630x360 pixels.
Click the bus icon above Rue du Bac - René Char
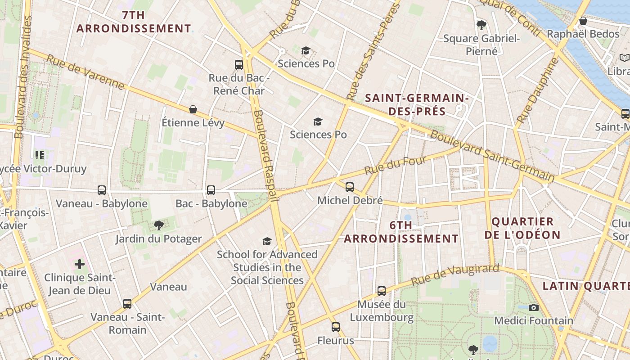tap(239, 64)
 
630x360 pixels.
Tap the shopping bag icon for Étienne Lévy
tap(193, 109)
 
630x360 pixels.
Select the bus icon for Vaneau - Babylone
tap(102, 190)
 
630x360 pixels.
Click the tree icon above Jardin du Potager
tap(158, 225)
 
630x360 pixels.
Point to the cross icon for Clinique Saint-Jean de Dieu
tap(80, 264)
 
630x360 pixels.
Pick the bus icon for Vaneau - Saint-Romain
tap(127, 304)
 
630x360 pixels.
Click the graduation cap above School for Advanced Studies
tap(267, 242)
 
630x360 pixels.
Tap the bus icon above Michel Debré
tap(350, 187)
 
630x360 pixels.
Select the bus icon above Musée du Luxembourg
tap(382, 291)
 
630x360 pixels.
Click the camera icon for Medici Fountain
tap(534, 307)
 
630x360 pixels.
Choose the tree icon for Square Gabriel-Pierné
tap(481, 25)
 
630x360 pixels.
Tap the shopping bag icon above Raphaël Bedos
tap(583, 21)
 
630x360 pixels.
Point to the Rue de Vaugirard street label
tap(455, 275)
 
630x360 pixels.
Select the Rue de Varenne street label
tap(85, 72)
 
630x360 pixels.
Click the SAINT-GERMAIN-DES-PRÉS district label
tap(417, 104)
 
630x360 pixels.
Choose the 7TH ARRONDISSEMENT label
tap(134, 22)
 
